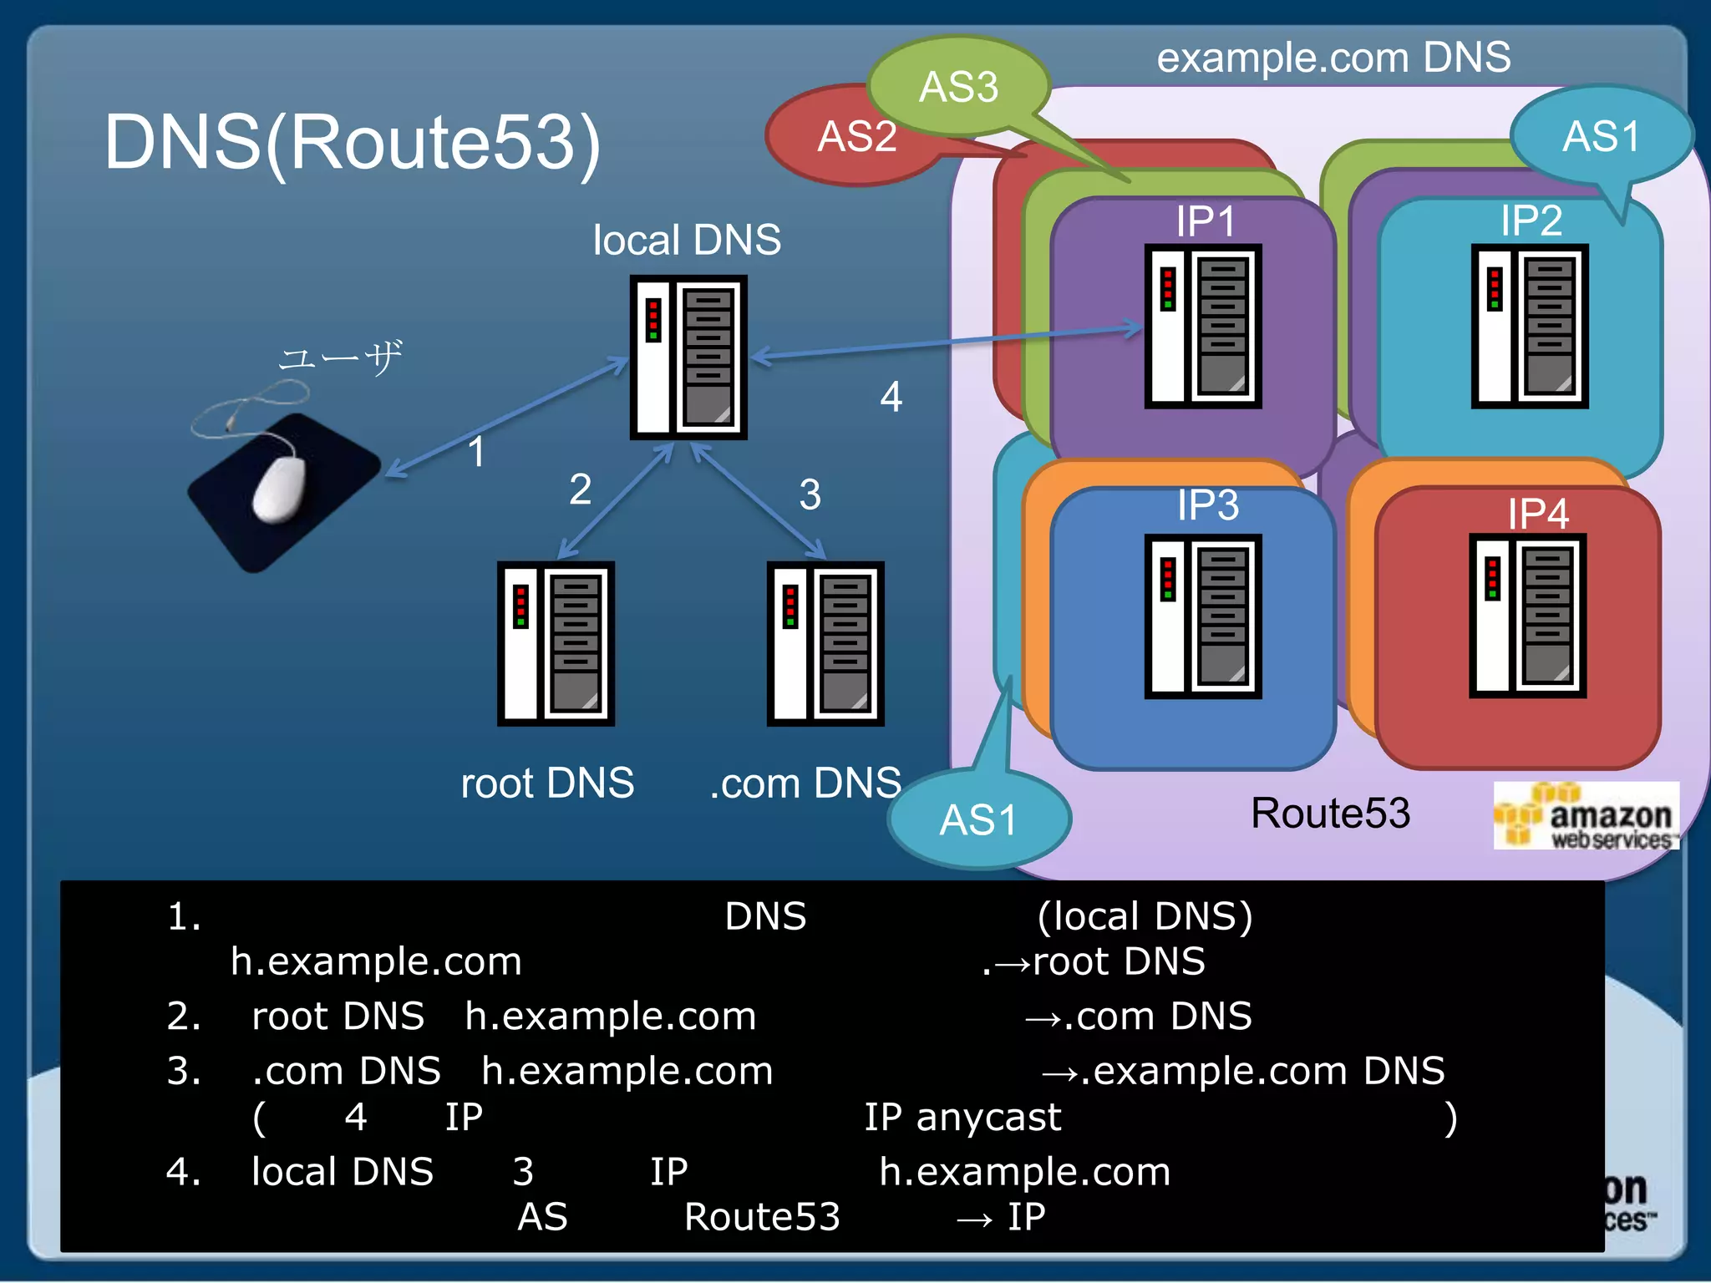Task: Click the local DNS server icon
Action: pos(688,358)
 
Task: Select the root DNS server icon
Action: pos(556,643)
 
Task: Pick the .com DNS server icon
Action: pos(825,643)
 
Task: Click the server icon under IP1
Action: pos(1202,326)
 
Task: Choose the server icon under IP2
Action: pos(1529,326)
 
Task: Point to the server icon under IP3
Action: pos(1202,616)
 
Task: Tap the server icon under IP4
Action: pos(1527,616)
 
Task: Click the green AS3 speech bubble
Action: pos(958,86)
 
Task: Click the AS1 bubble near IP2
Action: pos(1601,136)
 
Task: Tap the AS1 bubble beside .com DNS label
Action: pos(978,819)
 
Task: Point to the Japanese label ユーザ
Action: pos(340,358)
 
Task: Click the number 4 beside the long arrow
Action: pos(891,397)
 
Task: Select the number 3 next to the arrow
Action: pos(810,494)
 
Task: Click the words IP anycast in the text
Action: pos(962,1118)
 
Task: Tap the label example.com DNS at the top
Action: pos(1333,58)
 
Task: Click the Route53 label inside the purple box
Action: pos(1330,813)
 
